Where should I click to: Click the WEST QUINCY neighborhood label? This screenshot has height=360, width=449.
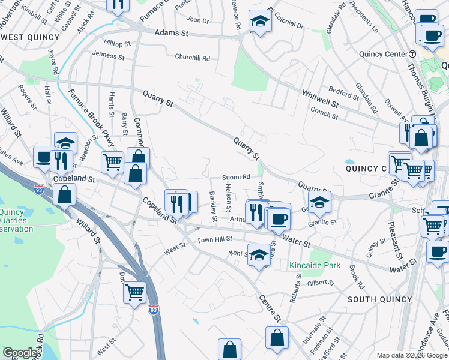pyautogui.click(x=31, y=37)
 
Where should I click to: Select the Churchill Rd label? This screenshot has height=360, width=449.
pyautogui.click(x=192, y=58)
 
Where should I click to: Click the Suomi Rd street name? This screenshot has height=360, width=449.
pyautogui.click(x=236, y=177)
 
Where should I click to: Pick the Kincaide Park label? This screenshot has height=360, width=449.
pyautogui.click(x=315, y=265)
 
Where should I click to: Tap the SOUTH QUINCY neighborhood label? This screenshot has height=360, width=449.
pyautogui.click(x=378, y=299)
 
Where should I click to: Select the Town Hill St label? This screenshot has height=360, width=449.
pyautogui.click(x=215, y=239)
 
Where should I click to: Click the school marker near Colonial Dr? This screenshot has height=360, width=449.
pyautogui.click(x=260, y=22)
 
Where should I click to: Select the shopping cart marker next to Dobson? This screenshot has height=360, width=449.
pyautogui.click(x=135, y=292)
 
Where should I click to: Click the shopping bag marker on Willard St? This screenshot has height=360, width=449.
pyautogui.click(x=64, y=194)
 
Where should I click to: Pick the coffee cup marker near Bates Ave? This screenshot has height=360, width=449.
pyautogui.click(x=44, y=157)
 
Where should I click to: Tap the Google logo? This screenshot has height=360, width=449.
pyautogui.click(x=20, y=353)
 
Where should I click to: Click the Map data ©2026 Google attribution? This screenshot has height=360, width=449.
pyautogui.click(x=411, y=355)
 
